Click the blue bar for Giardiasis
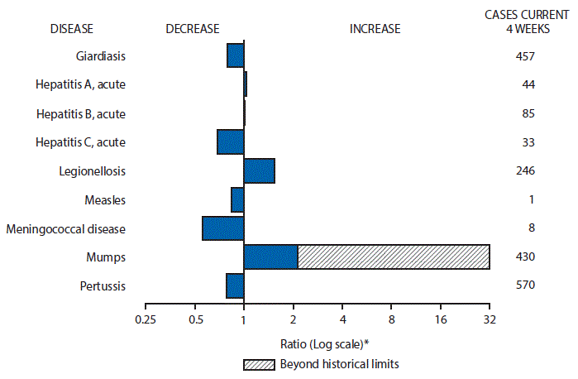click(235, 55)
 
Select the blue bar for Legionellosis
click(259, 170)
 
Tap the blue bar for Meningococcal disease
click(222, 228)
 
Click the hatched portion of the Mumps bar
click(394, 257)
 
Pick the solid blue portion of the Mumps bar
click(270, 257)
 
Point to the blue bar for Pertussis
click(235, 285)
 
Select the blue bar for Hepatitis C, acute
click(230, 142)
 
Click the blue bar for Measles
click(237, 199)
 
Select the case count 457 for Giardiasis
click(524, 56)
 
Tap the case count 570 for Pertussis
click(524, 285)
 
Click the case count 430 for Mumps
click(524, 257)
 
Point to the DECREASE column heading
click(192, 29)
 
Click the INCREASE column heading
click(375, 29)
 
